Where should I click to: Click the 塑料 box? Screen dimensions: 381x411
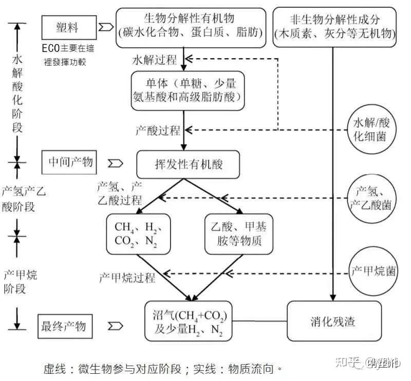[68, 26]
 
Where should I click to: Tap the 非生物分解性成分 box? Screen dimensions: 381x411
[335, 26]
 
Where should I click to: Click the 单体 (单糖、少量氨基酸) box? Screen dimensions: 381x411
[185, 89]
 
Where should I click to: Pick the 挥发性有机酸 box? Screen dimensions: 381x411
[189, 165]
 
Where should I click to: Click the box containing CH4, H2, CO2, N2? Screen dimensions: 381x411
[138, 234]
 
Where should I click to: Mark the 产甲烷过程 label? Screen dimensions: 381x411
[127, 278]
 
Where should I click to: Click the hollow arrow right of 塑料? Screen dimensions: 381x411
[106, 26]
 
